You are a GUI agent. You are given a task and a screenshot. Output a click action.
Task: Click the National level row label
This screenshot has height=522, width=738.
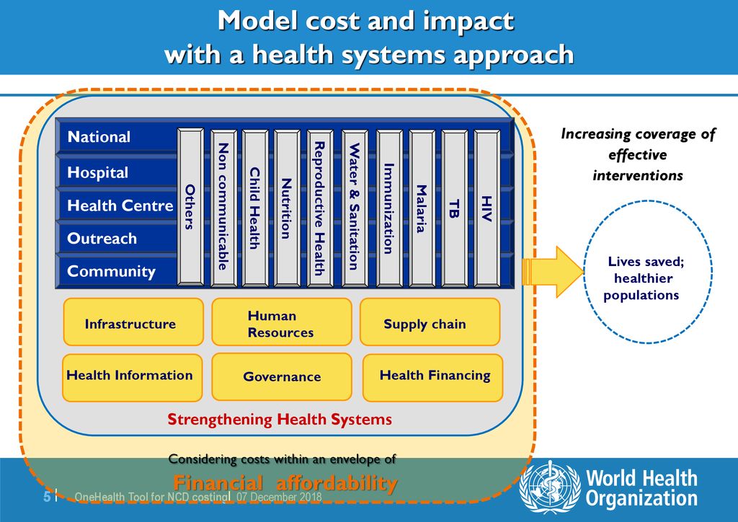tap(99, 137)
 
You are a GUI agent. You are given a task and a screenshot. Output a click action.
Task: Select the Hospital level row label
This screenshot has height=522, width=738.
tap(97, 173)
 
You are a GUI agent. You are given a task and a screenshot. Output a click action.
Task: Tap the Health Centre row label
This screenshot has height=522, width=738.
tap(120, 206)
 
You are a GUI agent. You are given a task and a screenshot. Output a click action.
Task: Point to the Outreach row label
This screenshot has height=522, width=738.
tap(102, 239)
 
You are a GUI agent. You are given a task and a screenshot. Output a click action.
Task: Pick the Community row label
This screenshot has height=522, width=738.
tap(111, 272)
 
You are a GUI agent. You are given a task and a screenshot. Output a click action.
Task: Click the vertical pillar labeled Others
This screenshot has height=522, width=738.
tap(190, 206)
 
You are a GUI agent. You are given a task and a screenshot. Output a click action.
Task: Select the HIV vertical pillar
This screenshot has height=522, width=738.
tap(487, 206)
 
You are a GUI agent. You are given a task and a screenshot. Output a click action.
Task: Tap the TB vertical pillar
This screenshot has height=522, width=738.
tap(453, 206)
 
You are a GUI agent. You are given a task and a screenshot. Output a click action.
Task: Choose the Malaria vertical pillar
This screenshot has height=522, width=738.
tap(422, 208)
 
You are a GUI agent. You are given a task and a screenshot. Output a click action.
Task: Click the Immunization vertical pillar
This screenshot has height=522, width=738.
tap(388, 208)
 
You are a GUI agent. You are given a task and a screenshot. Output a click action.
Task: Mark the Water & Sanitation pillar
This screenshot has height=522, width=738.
tap(354, 208)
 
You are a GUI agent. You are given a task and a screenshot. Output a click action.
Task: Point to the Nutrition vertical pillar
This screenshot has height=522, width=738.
tap(286, 208)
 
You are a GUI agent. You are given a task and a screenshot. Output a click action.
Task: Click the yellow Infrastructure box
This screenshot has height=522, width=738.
tap(130, 324)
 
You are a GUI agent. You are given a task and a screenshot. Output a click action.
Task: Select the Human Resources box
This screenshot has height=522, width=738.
tap(281, 324)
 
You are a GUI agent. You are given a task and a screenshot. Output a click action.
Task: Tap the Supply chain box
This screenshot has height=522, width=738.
tap(430, 324)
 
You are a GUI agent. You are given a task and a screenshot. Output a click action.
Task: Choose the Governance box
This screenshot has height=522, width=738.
tap(282, 376)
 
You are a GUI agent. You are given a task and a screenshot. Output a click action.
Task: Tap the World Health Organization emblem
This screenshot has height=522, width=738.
tap(550, 487)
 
